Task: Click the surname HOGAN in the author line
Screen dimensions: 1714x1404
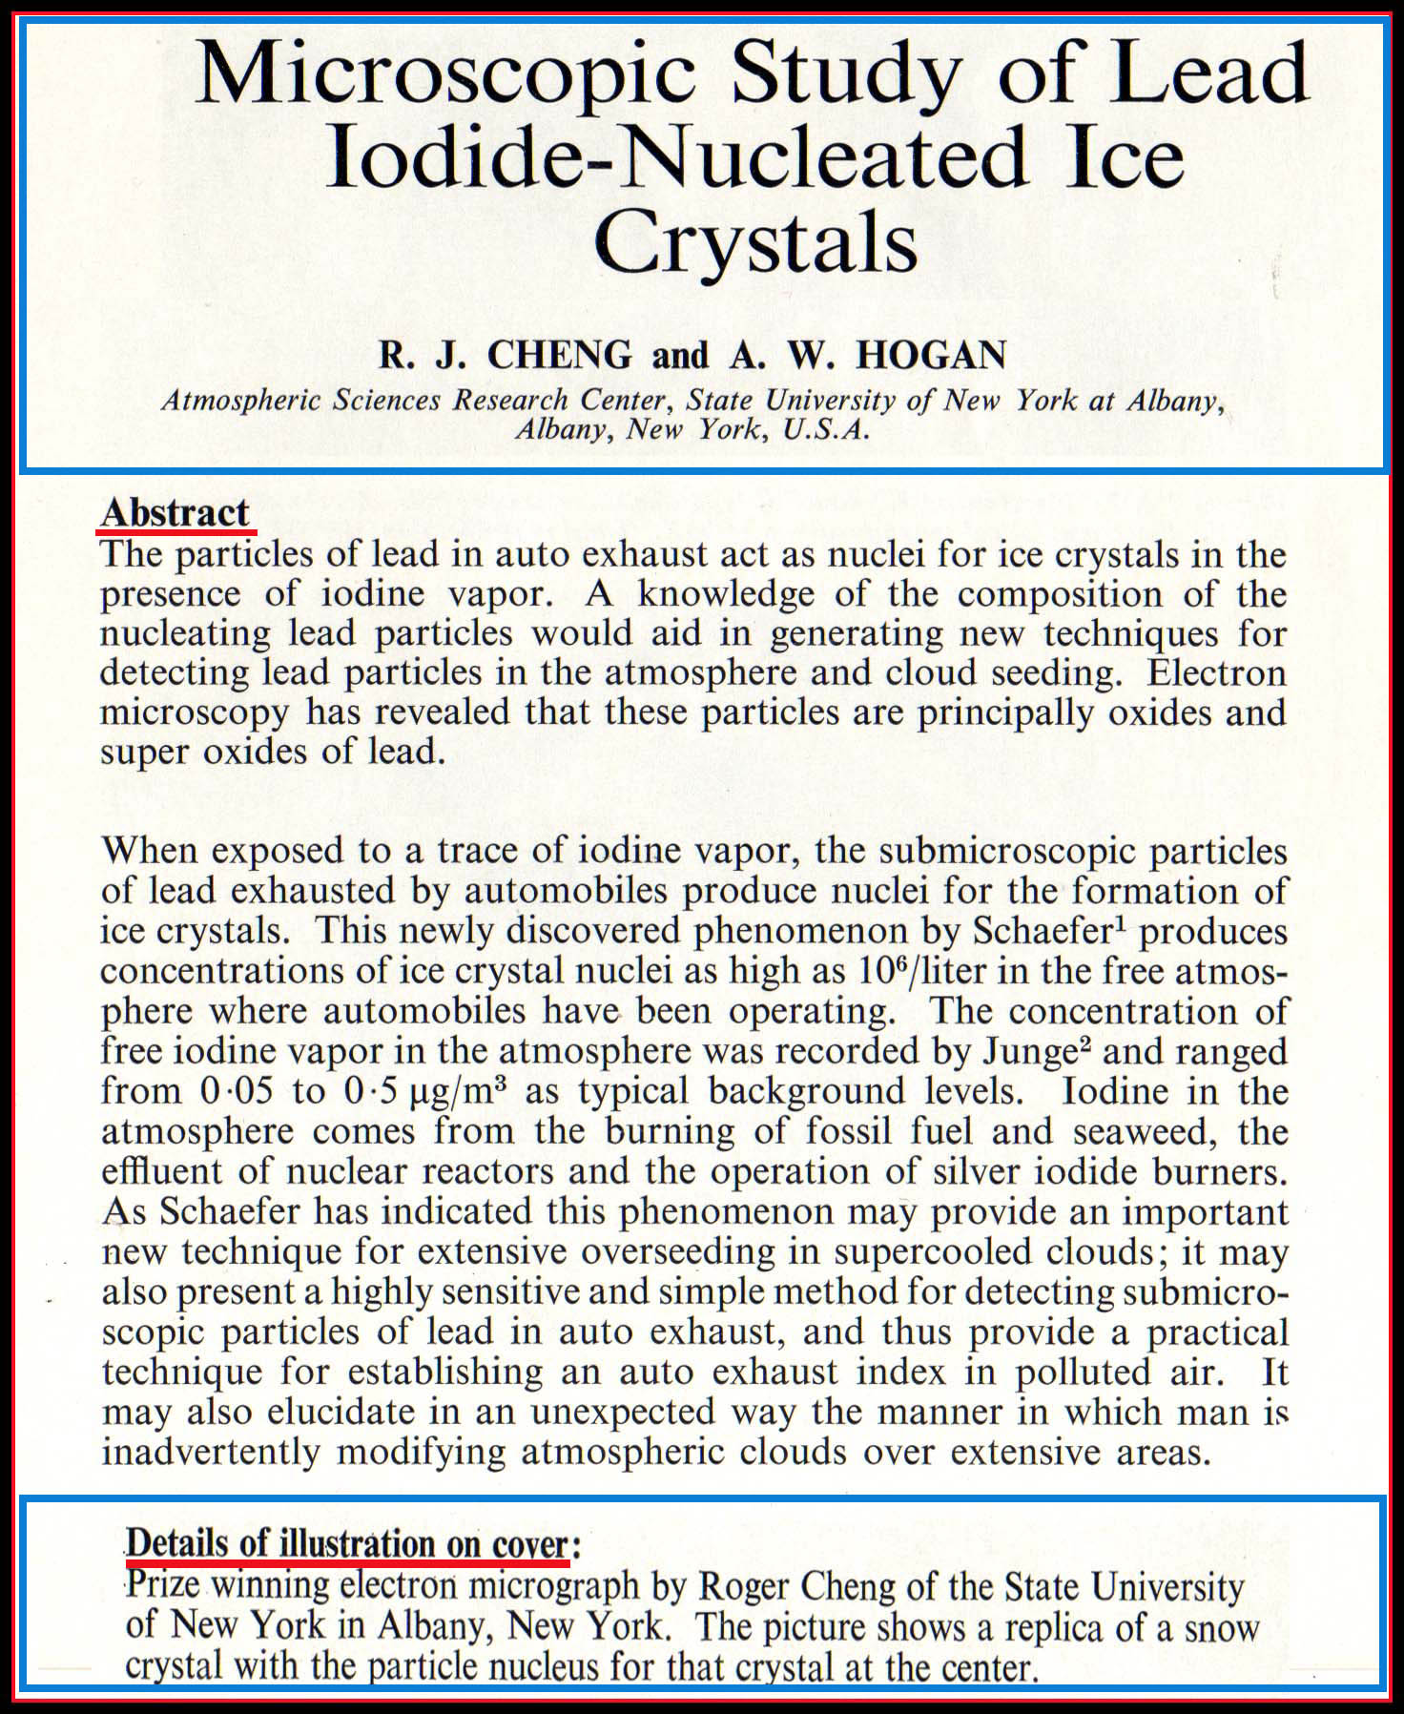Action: coord(930,355)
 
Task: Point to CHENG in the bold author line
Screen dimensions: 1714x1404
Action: coord(559,355)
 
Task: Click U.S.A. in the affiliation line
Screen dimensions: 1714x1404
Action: coord(826,429)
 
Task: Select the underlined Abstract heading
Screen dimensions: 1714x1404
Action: coord(175,512)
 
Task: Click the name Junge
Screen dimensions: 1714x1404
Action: coord(1032,1050)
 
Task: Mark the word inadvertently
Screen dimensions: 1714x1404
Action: coord(212,1452)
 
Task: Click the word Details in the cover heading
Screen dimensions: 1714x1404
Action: coord(177,1542)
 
